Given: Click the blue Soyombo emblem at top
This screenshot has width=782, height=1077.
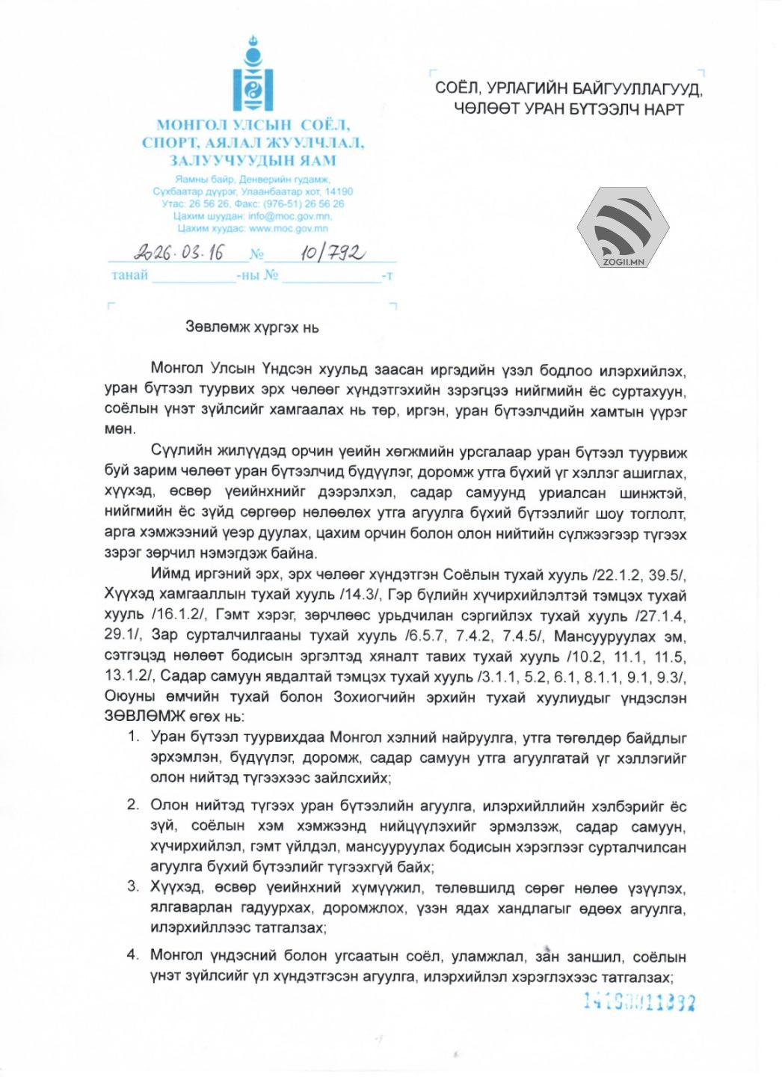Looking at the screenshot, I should [x=253, y=75].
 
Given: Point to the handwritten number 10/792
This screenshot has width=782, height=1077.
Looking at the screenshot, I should [x=332, y=253].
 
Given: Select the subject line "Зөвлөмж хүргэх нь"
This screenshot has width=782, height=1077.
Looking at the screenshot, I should [x=252, y=328].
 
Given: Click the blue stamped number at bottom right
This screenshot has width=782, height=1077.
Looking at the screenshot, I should [x=638, y=1002].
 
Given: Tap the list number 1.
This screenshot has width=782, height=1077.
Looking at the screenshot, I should [x=133, y=737].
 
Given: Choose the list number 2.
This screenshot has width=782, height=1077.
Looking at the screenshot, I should [x=133, y=805].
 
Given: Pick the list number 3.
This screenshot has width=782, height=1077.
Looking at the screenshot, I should [x=133, y=887].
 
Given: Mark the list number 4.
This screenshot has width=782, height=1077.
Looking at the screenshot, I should [x=133, y=955].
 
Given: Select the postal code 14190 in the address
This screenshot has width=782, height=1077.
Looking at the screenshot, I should [x=339, y=191].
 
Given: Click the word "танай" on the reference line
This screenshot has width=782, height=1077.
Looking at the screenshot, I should [x=129, y=275].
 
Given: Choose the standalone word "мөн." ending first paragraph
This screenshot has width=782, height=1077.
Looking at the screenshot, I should [x=120, y=429].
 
